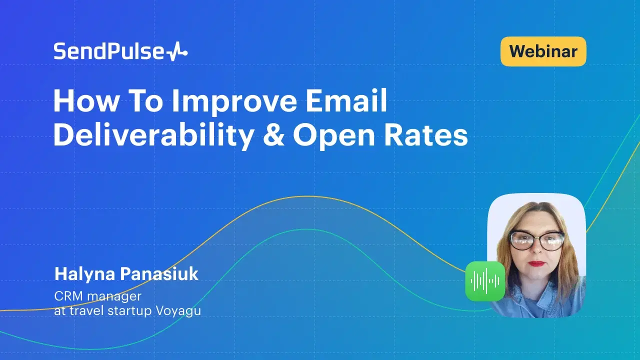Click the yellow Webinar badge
coord(543,51)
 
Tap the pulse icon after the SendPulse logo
coord(176,52)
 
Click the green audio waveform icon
coord(484,281)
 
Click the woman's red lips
coord(537,263)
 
